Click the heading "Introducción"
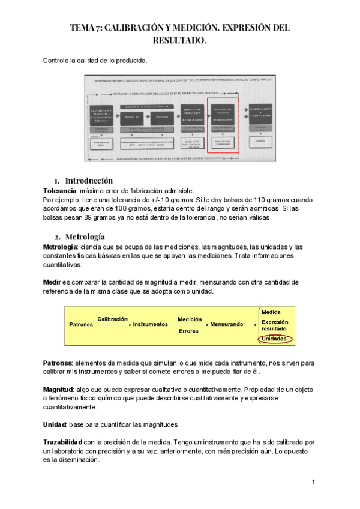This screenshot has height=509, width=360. point(88,181)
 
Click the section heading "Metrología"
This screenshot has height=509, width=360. point(85,236)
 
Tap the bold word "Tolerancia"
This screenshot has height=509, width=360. point(61,190)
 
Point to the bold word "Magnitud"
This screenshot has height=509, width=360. point(58,390)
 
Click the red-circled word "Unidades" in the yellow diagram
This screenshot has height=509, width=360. point(275,339)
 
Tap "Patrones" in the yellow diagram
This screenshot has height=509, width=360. point(81,324)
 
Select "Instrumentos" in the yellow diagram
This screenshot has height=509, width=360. point(150,324)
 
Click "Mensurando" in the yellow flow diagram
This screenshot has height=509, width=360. point(226,324)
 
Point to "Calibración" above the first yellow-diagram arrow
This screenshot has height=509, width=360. point(112,319)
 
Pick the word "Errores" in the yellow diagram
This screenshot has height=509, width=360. point(189,331)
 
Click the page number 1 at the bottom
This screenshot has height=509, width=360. point(314,483)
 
